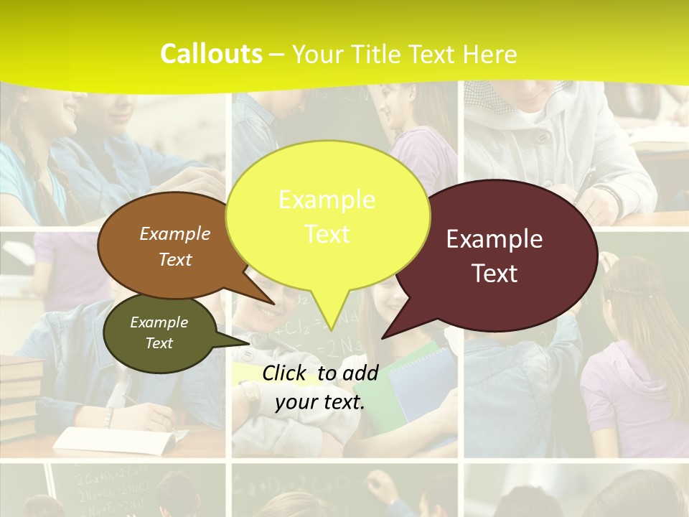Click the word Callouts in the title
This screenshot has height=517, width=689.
pyautogui.click(x=211, y=55)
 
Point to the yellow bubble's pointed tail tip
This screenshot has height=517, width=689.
pyautogui.click(x=331, y=328)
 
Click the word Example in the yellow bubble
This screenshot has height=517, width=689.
pyautogui.click(x=327, y=200)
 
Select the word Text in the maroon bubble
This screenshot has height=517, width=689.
pyautogui.click(x=495, y=274)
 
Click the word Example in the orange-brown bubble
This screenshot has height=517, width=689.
pyautogui.click(x=175, y=233)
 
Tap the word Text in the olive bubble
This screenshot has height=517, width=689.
pyautogui.click(x=159, y=343)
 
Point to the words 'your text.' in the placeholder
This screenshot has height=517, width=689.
pyautogui.click(x=320, y=402)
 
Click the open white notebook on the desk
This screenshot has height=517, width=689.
pyautogui.click(x=115, y=438)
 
